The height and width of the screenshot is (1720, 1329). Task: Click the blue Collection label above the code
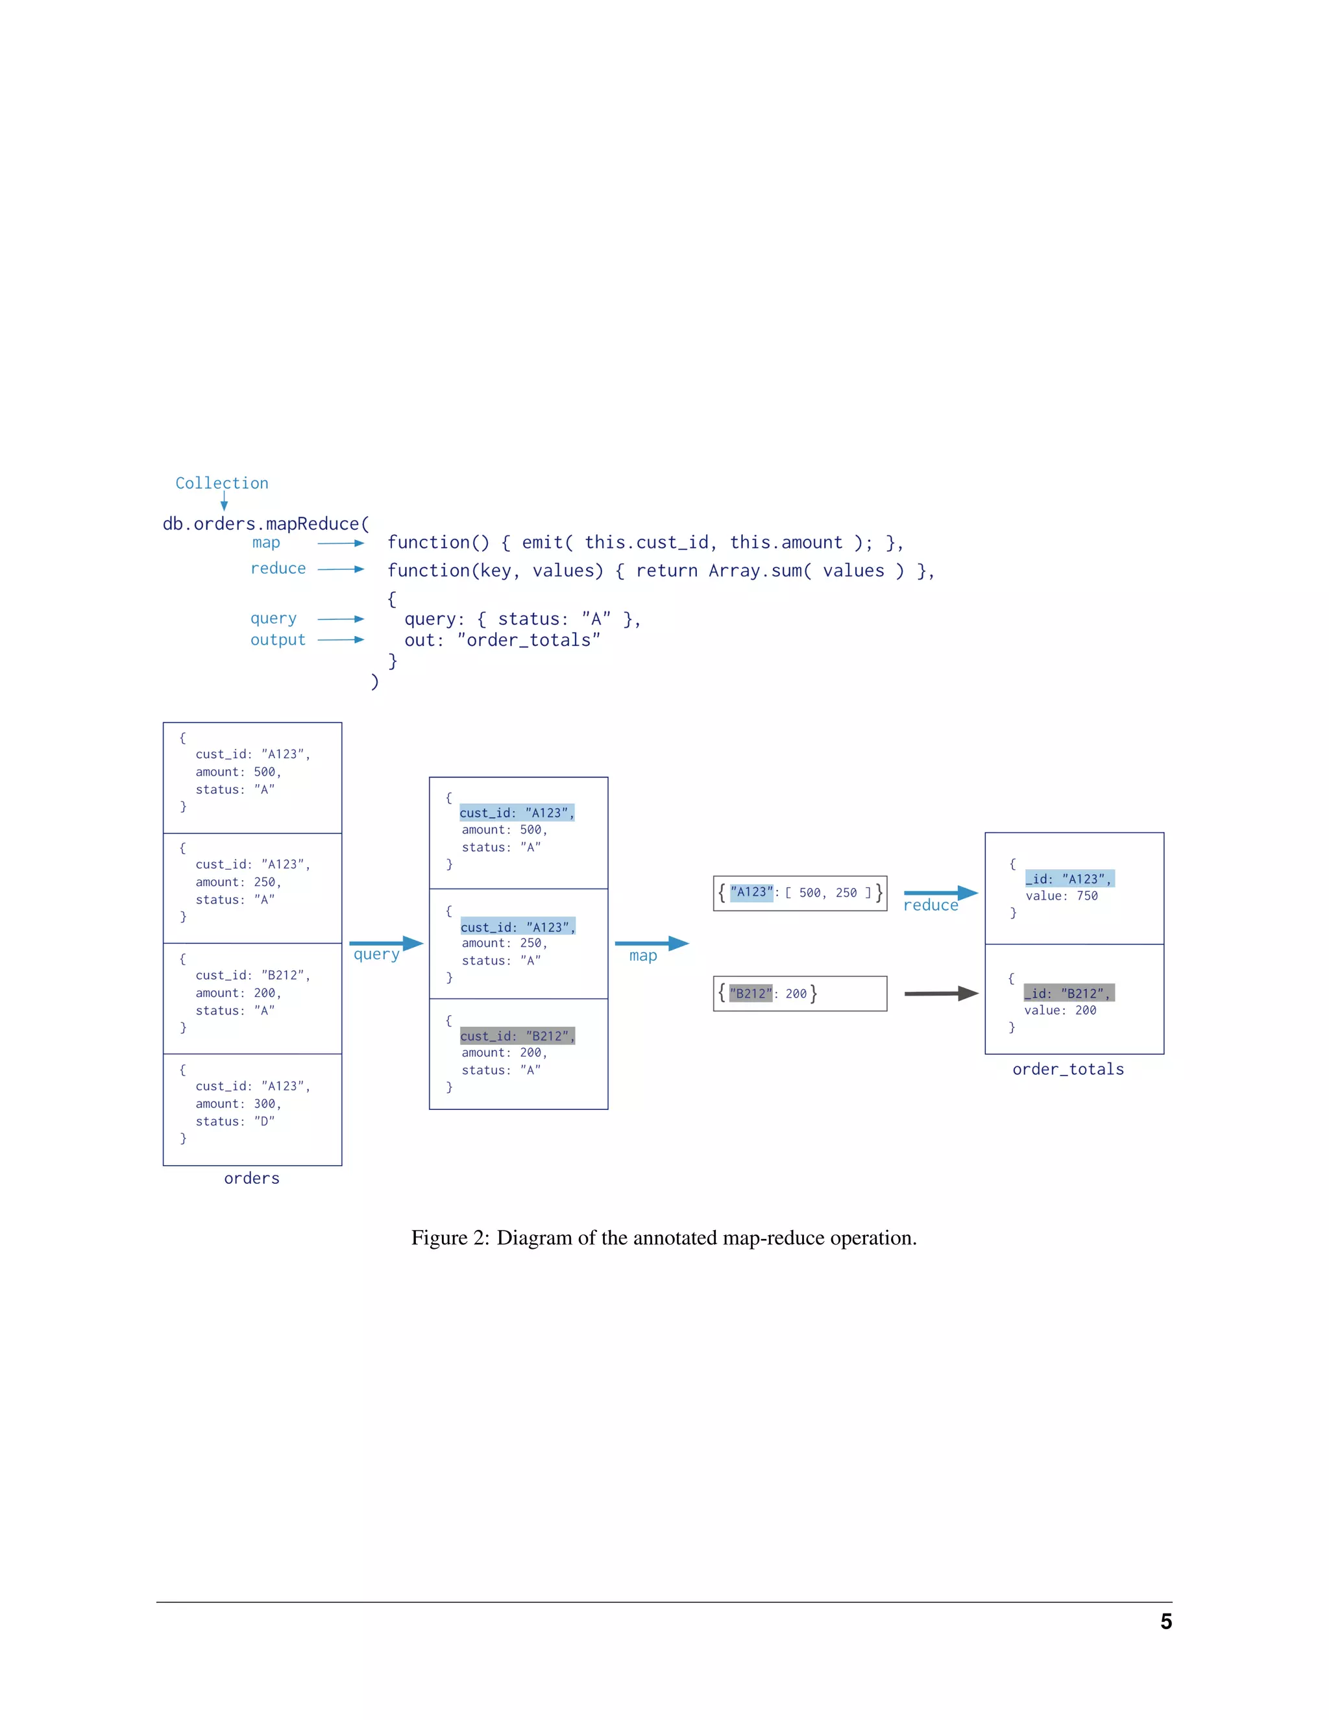pos(221,483)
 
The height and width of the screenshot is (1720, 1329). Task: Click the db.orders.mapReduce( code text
pos(265,524)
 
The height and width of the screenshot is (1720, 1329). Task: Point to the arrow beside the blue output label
pos(340,639)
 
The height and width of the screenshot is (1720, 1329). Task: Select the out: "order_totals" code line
pos(502,639)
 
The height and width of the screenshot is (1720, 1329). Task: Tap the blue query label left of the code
pos(273,618)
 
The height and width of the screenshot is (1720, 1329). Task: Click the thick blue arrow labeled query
pos(386,942)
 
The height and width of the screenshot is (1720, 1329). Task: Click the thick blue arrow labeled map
pos(651,942)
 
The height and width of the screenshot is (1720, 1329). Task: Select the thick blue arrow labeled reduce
pos(940,892)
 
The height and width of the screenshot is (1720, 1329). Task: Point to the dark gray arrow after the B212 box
pos(941,993)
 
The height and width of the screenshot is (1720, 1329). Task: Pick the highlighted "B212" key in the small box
pos(750,993)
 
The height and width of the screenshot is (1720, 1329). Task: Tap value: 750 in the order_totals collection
pos(1060,896)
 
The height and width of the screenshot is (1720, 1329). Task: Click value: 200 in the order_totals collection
pos(1060,1010)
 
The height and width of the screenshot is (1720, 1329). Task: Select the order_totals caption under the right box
pos(1067,1069)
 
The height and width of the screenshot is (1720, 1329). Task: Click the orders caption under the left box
pos(251,1177)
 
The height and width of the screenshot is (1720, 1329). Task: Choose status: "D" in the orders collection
pos(235,1121)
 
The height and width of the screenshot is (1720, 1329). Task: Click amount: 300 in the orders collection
pos(238,1103)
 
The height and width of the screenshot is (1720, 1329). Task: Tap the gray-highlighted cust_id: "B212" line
pos(517,1036)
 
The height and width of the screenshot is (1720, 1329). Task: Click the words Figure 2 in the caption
pos(450,1237)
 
